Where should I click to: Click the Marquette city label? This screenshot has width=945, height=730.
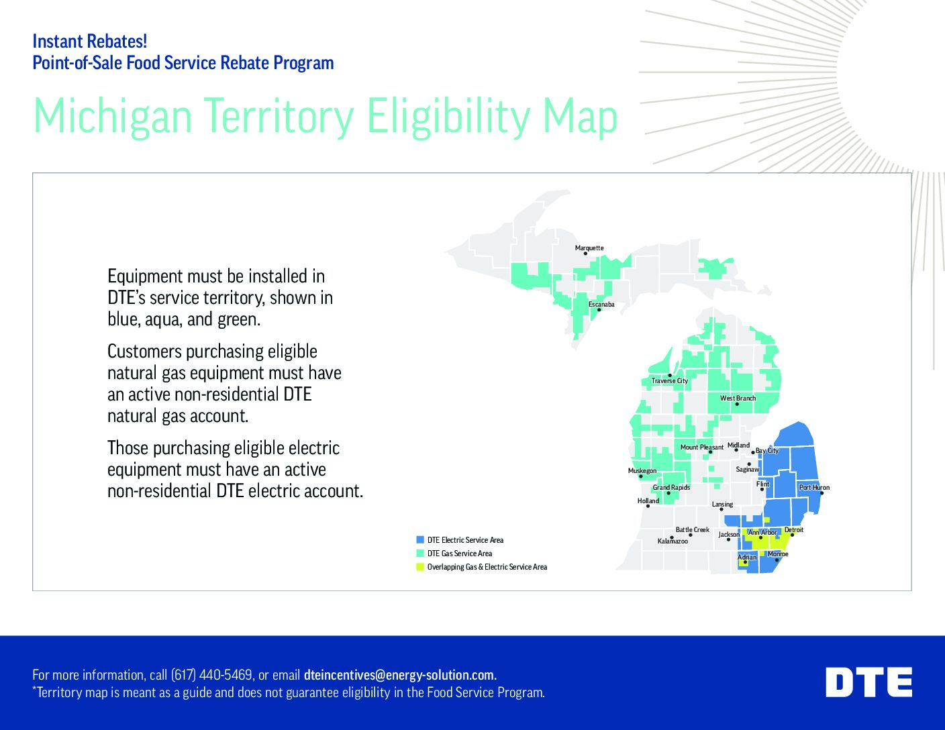click(x=589, y=248)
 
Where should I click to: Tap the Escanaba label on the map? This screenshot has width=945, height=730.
click(x=601, y=305)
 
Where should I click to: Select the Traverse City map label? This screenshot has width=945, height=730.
click(x=669, y=381)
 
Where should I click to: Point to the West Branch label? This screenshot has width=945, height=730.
click(x=738, y=399)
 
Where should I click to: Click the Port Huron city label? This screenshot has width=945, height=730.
click(x=814, y=488)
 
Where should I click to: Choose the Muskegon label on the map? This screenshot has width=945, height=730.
click(x=642, y=471)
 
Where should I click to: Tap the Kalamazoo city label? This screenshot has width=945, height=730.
click(x=673, y=541)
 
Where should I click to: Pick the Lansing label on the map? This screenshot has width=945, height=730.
click(x=722, y=505)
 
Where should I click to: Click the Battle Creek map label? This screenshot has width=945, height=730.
click(x=692, y=530)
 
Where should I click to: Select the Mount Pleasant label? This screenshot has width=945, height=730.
click(x=701, y=448)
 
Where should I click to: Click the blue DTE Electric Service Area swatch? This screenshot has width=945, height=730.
click(x=420, y=539)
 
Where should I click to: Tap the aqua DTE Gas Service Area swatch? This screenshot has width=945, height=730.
click(x=420, y=554)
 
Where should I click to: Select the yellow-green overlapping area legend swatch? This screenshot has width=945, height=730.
click(x=420, y=567)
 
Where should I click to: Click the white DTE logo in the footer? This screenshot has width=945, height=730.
click(x=868, y=682)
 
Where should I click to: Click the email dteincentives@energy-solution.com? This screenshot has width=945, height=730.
click(x=399, y=675)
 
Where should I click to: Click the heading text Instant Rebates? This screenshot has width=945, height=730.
click(x=89, y=42)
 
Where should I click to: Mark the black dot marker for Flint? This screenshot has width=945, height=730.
click(x=762, y=490)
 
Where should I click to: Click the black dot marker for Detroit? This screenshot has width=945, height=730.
click(x=792, y=535)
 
